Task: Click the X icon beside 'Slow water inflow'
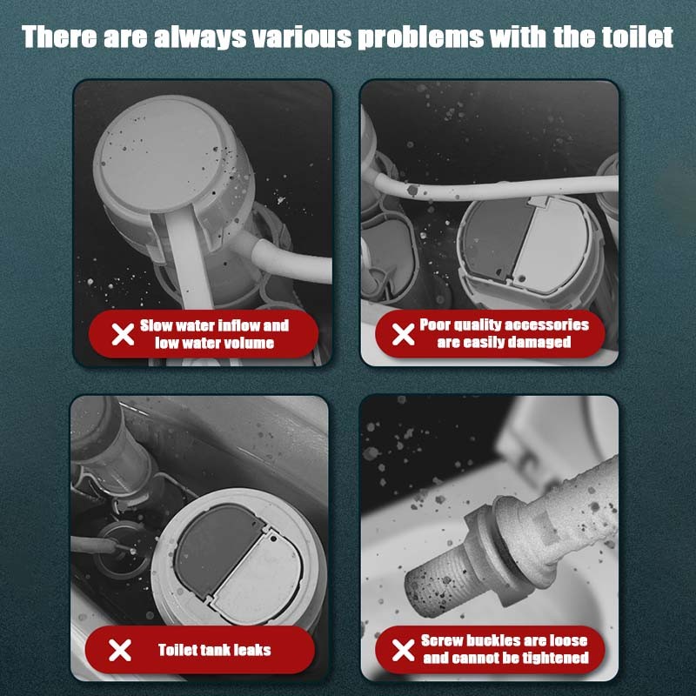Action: tap(124, 334)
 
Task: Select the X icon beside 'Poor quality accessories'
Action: tap(403, 334)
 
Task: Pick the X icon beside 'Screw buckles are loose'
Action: tap(403, 650)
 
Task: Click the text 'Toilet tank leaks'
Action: tap(214, 650)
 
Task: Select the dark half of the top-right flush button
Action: tap(492, 239)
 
